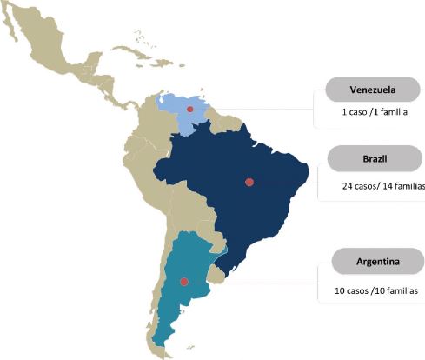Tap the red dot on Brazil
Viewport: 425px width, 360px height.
(249, 182)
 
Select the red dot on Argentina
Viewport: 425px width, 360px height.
(183, 282)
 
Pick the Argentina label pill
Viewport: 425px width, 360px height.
(376, 262)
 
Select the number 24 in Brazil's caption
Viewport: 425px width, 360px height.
(348, 186)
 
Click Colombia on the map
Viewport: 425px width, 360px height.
(148, 130)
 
